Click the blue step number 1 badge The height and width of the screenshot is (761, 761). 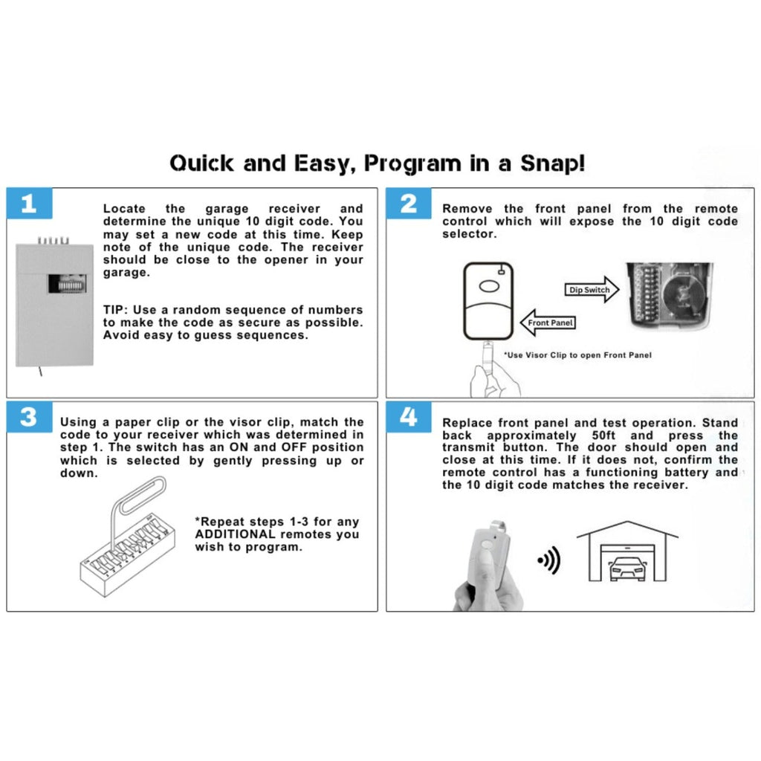click(x=29, y=204)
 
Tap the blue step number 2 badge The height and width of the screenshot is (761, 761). click(x=409, y=204)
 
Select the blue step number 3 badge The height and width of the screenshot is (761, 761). click(x=29, y=417)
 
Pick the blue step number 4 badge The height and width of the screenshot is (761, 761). click(x=409, y=417)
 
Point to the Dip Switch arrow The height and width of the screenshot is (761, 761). click(x=591, y=290)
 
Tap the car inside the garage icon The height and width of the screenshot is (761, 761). click(x=627, y=569)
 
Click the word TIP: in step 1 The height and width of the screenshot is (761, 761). click(x=117, y=310)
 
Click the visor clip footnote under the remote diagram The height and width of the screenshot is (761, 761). click(x=577, y=355)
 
